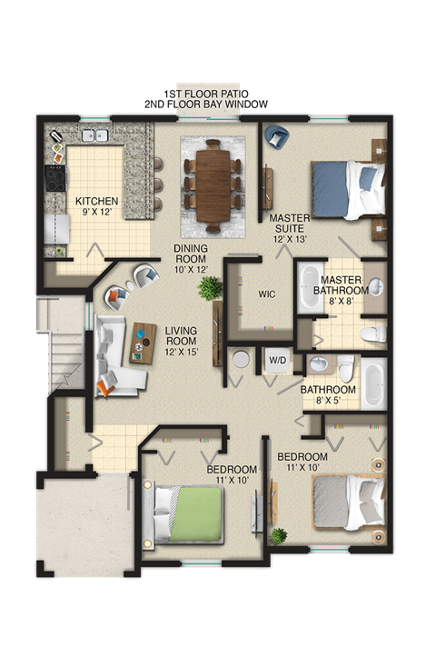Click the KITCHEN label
click(x=96, y=201)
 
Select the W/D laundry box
click(x=276, y=360)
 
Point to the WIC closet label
click(x=267, y=294)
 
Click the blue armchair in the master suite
click(x=276, y=138)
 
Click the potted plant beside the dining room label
click(x=211, y=289)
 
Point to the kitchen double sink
click(x=95, y=136)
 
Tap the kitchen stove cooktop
click(x=54, y=174)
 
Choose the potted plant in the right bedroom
click(x=279, y=536)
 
